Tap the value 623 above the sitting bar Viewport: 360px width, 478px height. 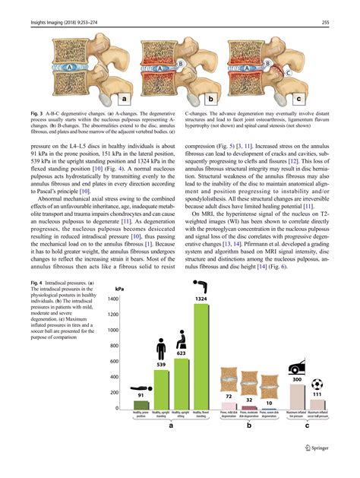181,353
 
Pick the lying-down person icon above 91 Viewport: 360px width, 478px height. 141,387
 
